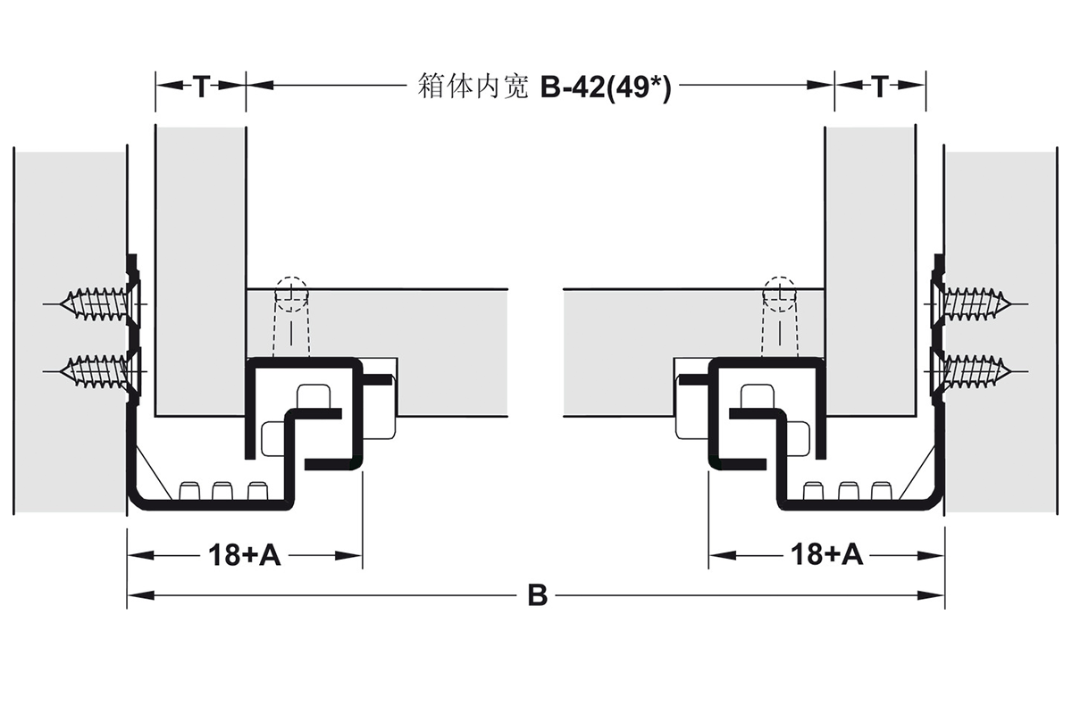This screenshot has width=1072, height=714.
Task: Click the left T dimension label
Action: (x=202, y=87)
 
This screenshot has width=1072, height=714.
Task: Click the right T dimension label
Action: (x=880, y=87)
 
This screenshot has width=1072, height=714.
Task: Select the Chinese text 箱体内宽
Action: (x=473, y=87)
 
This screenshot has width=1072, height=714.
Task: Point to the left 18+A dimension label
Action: (x=245, y=555)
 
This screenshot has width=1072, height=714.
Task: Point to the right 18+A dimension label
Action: (x=827, y=555)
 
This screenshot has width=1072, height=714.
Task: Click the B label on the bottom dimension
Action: (x=538, y=596)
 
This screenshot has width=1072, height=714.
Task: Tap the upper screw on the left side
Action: (x=96, y=304)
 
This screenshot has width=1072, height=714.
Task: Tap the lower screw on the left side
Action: (x=96, y=371)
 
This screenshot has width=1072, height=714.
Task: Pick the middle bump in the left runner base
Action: (x=222, y=491)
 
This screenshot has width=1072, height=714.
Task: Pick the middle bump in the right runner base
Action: (x=849, y=491)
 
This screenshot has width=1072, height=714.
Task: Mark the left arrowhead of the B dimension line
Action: (x=141, y=595)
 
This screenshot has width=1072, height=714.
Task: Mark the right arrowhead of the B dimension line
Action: (x=931, y=595)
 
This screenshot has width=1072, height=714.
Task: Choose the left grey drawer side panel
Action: (x=200, y=271)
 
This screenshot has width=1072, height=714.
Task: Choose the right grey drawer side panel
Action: (x=870, y=271)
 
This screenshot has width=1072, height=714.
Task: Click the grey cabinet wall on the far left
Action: (x=70, y=332)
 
